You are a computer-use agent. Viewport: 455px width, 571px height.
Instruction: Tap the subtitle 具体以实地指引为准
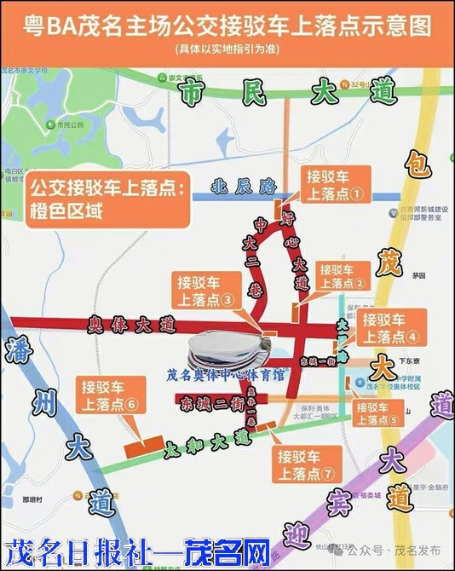[x=227, y=49]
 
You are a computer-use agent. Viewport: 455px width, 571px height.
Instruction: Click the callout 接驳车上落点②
[x=342, y=274]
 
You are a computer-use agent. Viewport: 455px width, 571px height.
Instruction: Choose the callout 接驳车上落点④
[x=389, y=326]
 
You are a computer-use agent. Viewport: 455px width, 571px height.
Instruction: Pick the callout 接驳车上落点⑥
[x=107, y=394]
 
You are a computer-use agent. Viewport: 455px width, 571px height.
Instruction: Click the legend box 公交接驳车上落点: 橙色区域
[x=107, y=199]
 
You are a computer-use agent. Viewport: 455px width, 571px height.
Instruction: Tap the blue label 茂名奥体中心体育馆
[x=226, y=373]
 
